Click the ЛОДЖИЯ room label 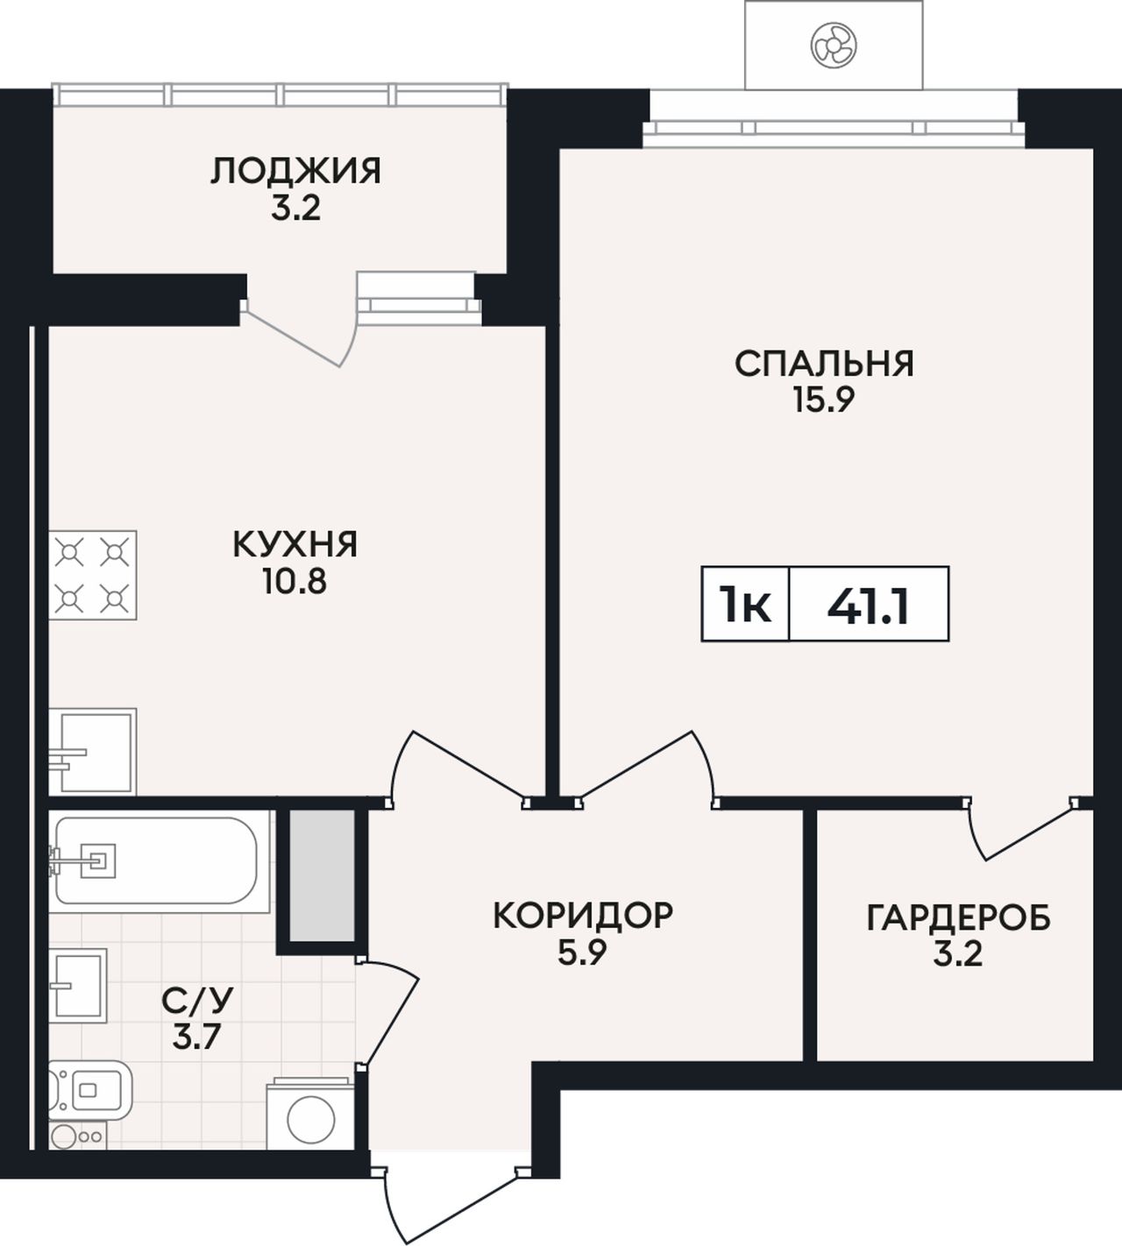(295, 171)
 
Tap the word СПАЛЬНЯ (824, 364)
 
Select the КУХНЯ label (295, 544)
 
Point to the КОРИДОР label (582, 915)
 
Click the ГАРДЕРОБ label (958, 918)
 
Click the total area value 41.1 (869, 606)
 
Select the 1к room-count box (745, 604)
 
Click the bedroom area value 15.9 (824, 400)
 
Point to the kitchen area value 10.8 (294, 582)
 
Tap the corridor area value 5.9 (582, 952)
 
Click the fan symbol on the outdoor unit (834, 45)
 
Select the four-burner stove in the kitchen (93, 575)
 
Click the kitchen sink (93, 752)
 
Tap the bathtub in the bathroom (159, 861)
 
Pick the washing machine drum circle (311, 1120)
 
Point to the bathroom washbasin (78, 986)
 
